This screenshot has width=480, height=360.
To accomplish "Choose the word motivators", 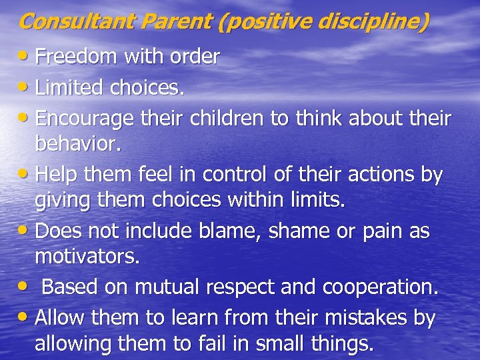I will point(87,257).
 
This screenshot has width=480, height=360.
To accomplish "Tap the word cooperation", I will point(380,287).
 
